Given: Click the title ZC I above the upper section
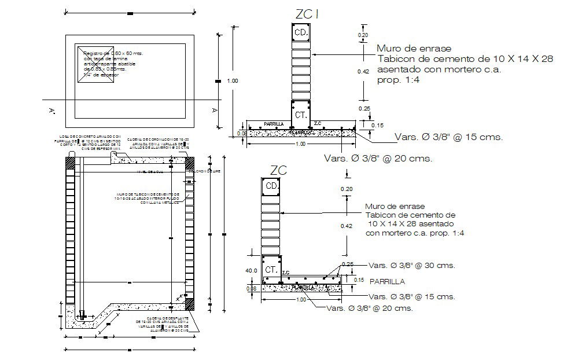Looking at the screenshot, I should pos(307,14).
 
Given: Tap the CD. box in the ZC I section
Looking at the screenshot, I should pos(301,34).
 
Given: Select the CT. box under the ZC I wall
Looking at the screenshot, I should pos(301,115).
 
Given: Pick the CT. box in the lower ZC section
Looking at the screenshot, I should pos(271,270).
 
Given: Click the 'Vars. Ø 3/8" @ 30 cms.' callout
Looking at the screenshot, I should pos(412,266).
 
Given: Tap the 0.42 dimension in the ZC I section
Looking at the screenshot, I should pos(363,71).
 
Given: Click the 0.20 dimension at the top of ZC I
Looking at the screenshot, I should pos(363,35).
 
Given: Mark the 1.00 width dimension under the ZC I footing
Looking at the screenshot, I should pos(300,144).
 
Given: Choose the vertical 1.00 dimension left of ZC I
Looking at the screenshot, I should pos(232,81).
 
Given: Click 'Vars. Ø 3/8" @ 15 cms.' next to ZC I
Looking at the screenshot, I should pos(448,138).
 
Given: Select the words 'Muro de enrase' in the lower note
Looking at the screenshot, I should pos(395,206).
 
